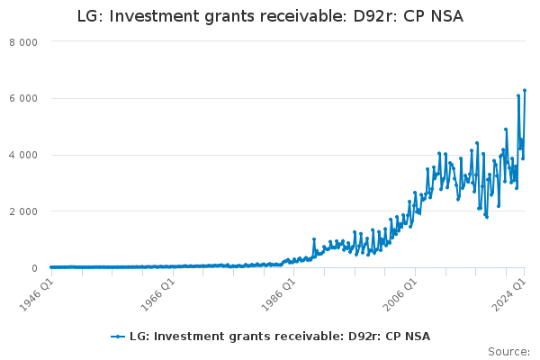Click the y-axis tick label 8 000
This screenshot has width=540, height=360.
click(23, 42)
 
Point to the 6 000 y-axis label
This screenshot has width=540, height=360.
click(23, 99)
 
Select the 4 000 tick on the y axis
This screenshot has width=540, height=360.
click(23, 156)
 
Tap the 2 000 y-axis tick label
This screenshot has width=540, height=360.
click(23, 212)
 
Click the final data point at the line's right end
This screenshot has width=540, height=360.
click(525, 90)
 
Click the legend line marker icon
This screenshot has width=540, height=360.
click(117, 337)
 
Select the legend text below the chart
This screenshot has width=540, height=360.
click(279, 337)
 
